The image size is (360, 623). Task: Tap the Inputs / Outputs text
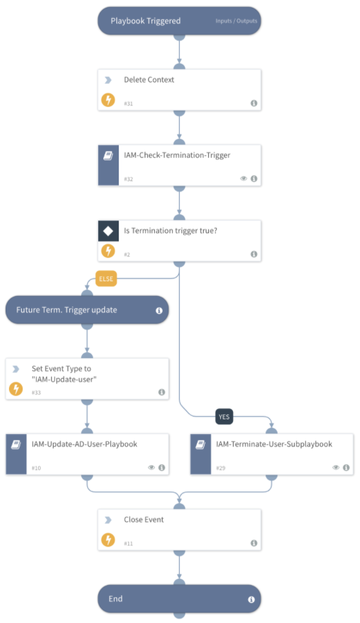[x=235, y=21]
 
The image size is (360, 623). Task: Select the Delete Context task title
[x=149, y=80]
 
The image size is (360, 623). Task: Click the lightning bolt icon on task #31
[x=108, y=100]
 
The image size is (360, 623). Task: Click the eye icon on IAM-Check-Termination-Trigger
[x=244, y=179]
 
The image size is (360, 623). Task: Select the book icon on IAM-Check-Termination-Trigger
[x=108, y=155]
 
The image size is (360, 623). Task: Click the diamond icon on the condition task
[x=108, y=230]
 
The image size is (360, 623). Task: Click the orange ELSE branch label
[x=106, y=279]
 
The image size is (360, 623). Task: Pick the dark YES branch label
[x=224, y=417]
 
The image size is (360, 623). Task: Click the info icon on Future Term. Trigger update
[x=159, y=310]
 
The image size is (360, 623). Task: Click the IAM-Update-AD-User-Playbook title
[x=85, y=444]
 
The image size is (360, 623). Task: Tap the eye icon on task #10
[x=151, y=468]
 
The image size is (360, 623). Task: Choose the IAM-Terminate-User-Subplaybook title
[x=274, y=444]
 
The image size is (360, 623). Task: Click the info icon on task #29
[x=346, y=468]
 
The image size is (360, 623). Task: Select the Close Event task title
[x=143, y=519]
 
